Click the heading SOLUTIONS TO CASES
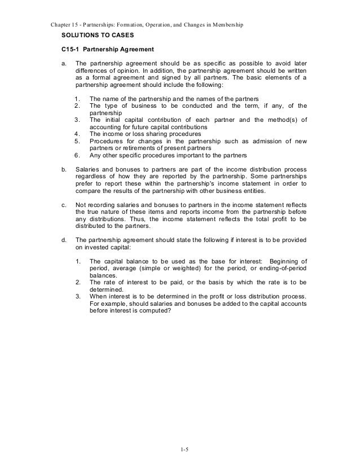[93, 35]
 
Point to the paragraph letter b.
[64, 169]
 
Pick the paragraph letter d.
[64, 239]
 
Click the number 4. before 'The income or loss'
[77, 134]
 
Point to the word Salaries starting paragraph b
[87, 169]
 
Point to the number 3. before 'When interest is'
[77, 297]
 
